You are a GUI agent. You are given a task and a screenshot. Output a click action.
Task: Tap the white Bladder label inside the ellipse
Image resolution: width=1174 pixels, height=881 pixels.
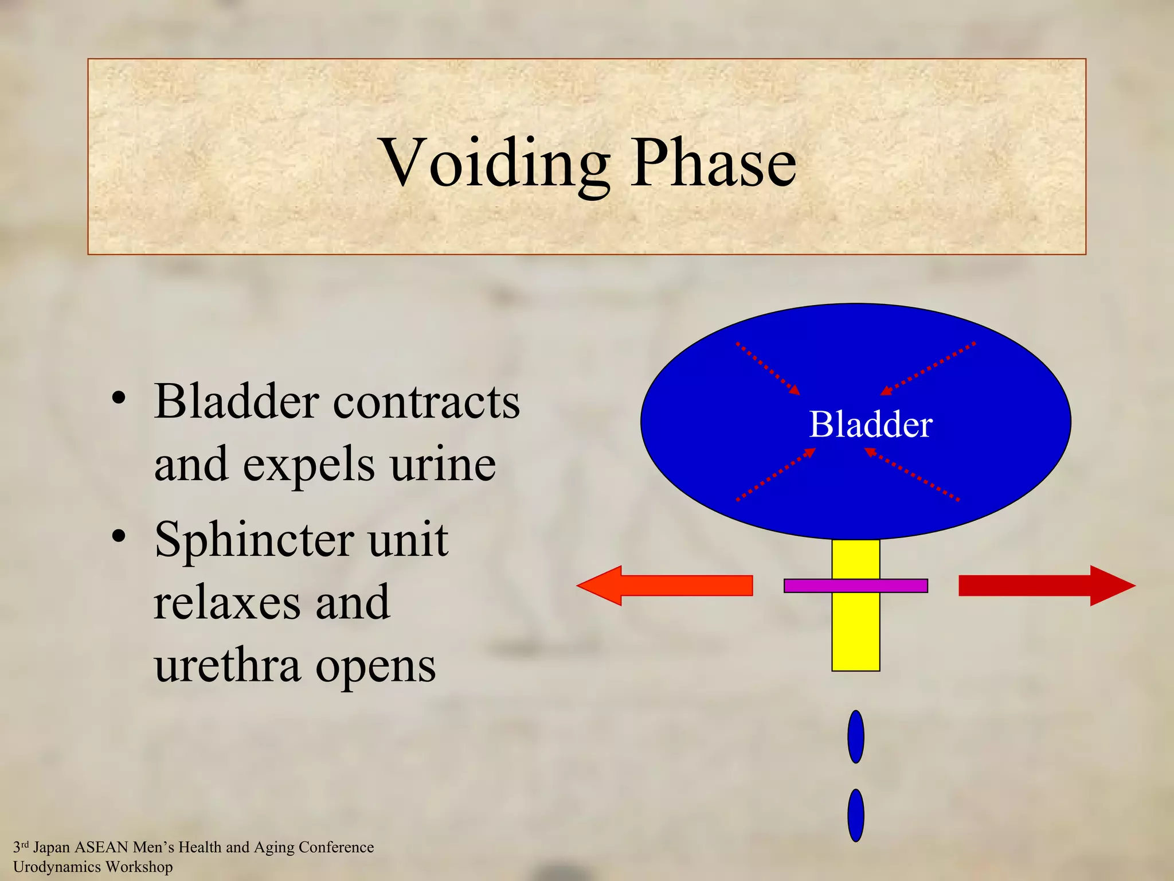click(870, 424)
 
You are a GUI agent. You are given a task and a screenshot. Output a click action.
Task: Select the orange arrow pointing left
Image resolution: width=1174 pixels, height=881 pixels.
click(665, 586)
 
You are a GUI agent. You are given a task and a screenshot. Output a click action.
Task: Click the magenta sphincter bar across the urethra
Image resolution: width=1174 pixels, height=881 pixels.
click(855, 586)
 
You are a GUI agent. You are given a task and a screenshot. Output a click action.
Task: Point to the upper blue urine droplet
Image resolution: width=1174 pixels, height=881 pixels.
click(855, 736)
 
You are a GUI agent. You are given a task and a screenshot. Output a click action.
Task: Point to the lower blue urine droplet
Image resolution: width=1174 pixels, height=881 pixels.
click(855, 815)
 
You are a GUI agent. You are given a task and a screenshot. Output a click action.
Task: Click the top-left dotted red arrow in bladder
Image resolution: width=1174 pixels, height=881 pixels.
click(768, 368)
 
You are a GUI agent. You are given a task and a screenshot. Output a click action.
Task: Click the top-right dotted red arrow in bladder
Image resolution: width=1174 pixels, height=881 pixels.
click(928, 368)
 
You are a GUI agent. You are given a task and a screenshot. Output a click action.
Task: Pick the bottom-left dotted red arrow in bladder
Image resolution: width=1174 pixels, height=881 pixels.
click(775, 474)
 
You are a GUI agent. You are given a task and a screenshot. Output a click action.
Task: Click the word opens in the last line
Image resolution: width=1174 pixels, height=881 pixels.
click(375, 666)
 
